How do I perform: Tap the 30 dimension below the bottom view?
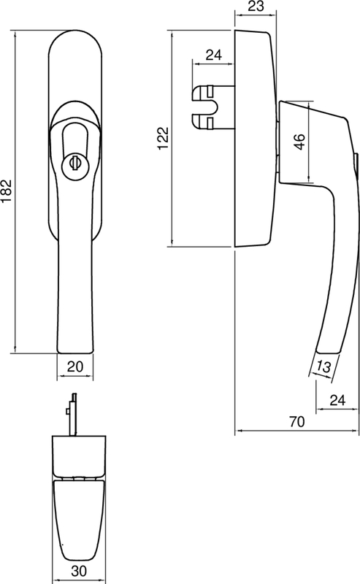[x=80, y=572]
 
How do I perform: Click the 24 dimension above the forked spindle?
[x=213, y=53]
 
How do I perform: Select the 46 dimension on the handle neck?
[x=300, y=142]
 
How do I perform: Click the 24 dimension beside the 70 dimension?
[x=337, y=399]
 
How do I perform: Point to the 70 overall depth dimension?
[x=296, y=422]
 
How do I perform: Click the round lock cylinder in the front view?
[x=75, y=165]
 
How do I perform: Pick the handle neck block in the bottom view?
[x=81, y=456]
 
